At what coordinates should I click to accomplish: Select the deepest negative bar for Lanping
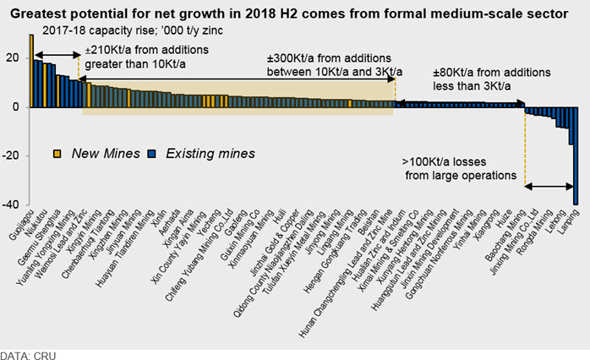[x=576, y=155]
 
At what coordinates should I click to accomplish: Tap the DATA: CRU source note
[x=28, y=349]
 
